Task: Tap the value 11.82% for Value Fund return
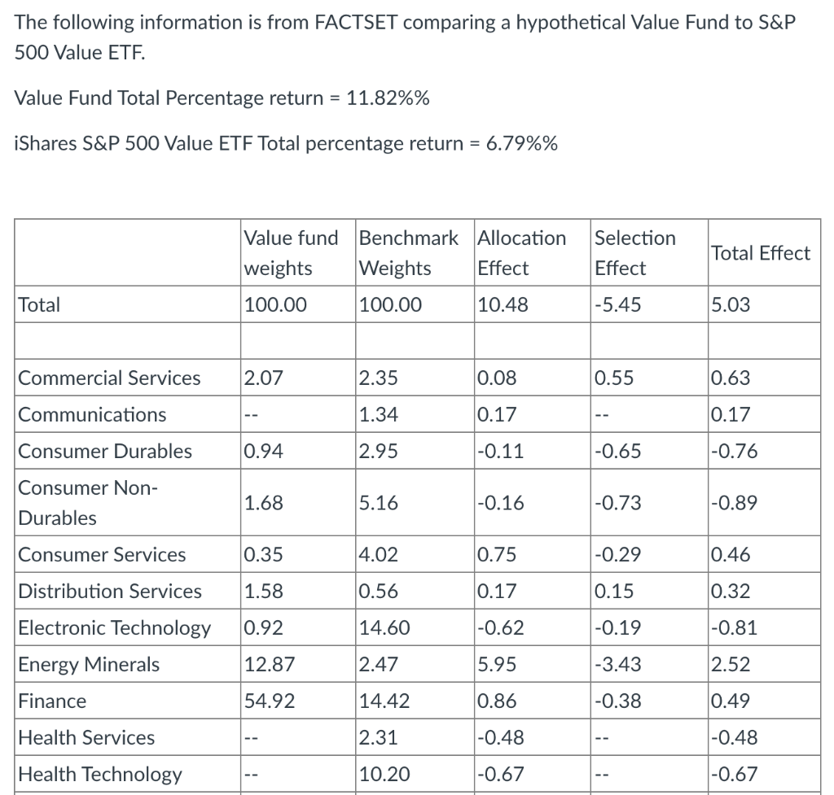pyautogui.click(x=388, y=98)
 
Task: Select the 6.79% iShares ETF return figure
pyautogui.click(x=521, y=144)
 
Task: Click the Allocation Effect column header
pyautogui.click(x=521, y=252)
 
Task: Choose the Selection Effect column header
pyautogui.click(x=635, y=252)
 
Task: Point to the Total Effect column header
pyautogui.click(x=761, y=253)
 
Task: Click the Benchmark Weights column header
pyautogui.click(x=409, y=252)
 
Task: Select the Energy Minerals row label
pyautogui.click(x=89, y=665)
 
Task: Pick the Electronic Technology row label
pyautogui.click(x=114, y=628)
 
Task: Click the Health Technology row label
pyautogui.click(x=100, y=774)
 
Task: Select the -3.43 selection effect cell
pyautogui.click(x=617, y=665)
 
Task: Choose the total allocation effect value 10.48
pyautogui.click(x=502, y=305)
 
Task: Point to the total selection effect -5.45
pyautogui.click(x=617, y=305)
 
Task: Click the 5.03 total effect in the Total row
pyautogui.click(x=730, y=305)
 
